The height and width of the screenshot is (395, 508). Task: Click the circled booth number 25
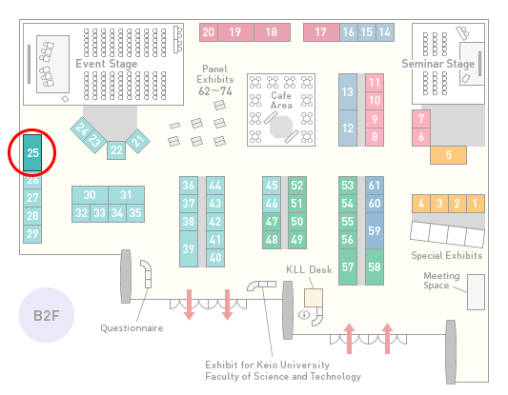tap(32, 152)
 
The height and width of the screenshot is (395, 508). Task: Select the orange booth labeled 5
tap(448, 155)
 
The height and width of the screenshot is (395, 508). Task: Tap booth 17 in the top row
tap(321, 32)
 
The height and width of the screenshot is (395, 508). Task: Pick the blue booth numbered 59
tap(375, 230)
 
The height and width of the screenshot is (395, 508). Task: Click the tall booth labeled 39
tap(189, 248)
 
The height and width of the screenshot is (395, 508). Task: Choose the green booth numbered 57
tap(348, 267)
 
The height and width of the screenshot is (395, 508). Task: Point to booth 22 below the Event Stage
tap(116, 150)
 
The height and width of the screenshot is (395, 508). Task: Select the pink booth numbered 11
tap(375, 83)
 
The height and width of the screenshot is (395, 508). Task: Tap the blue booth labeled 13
tap(348, 92)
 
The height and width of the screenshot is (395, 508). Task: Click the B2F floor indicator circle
tap(47, 315)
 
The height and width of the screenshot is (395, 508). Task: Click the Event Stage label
tap(106, 64)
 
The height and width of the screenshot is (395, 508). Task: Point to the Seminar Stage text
tap(438, 64)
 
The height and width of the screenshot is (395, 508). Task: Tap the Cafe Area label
tap(281, 100)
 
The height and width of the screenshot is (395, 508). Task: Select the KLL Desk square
tap(314, 298)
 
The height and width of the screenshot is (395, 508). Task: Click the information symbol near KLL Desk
tap(304, 314)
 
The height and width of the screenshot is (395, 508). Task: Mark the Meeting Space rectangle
tap(476, 292)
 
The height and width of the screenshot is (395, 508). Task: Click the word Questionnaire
tap(132, 328)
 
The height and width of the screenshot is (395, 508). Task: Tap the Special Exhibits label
tap(447, 256)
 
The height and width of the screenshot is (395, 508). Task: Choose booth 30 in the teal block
tap(90, 195)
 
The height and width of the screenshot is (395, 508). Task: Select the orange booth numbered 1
tap(476, 204)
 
